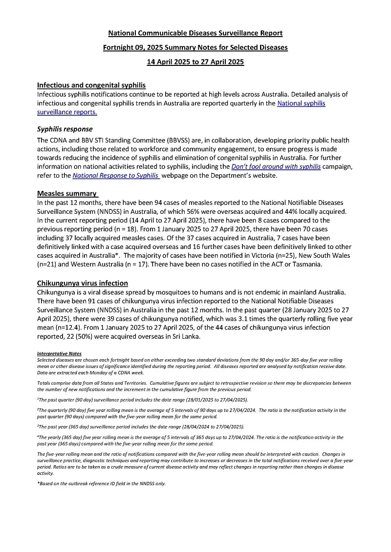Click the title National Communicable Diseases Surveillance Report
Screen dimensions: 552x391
tap(195, 33)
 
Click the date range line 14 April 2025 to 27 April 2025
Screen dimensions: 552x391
tap(195, 62)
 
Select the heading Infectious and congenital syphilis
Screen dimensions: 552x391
tap(91, 85)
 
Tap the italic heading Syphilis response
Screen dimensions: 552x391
tap(65, 129)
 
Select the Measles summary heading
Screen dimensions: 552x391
tap(67, 193)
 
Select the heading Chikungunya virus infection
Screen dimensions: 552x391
tap(83, 283)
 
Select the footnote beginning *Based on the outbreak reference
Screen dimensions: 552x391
tap(101, 483)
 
